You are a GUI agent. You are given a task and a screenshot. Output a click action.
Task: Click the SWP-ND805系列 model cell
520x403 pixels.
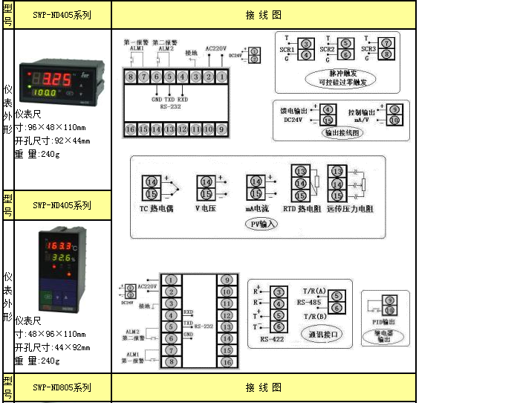[x=62, y=387]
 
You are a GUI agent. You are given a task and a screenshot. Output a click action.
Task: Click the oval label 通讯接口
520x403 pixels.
[x=324, y=335]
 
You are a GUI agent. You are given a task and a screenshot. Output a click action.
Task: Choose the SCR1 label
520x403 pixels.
[x=287, y=49]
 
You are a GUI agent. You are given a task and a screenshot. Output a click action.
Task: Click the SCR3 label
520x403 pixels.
[x=369, y=49]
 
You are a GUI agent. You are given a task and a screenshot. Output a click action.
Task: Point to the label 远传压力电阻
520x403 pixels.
[x=350, y=209]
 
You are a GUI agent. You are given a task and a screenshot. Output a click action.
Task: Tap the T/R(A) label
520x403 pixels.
[x=314, y=290]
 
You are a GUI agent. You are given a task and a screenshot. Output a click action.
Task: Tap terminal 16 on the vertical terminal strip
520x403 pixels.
[x=226, y=362]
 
